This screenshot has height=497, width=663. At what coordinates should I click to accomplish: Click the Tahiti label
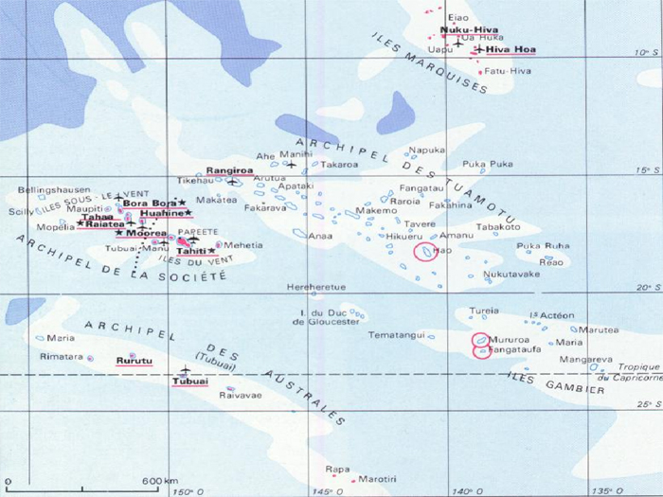click(191, 251)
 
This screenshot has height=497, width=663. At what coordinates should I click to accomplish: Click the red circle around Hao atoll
click(427, 252)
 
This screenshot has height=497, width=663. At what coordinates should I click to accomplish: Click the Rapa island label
click(336, 469)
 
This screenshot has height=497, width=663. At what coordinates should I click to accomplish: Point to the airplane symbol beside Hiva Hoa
click(479, 49)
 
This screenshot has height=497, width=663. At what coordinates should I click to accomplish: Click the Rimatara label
click(61, 357)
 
